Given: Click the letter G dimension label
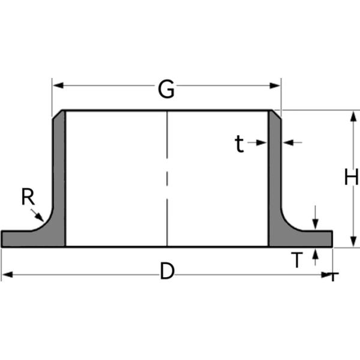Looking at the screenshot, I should point(166,89).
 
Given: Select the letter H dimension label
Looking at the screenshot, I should point(351,178).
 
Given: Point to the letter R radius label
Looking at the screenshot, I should point(27,196).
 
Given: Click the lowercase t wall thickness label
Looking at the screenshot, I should point(239,144).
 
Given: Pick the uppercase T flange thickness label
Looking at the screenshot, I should point(296,260).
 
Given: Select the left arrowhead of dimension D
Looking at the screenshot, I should point(6,275).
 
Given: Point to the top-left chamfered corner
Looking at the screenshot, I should point(58,114).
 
